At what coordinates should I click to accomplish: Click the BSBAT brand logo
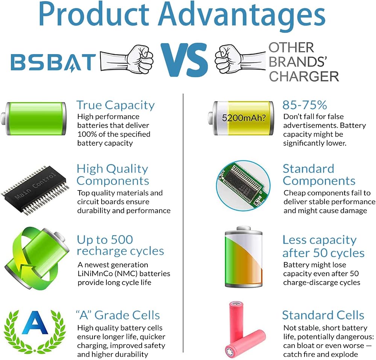pos(53,62)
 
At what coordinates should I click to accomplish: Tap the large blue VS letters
pos(184,59)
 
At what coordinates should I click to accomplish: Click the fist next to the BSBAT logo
pos(140,59)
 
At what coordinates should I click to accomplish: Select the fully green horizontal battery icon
pos(33,119)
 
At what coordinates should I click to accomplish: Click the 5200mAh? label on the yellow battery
pos(244,118)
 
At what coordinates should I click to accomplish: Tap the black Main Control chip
pos(35,189)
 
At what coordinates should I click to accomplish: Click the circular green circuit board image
pos(243,186)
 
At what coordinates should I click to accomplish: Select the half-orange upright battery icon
pos(244,257)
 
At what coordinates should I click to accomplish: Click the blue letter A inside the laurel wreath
pos(35,323)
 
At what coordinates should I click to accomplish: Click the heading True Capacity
pos(115,105)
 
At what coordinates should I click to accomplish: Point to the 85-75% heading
pos(305,105)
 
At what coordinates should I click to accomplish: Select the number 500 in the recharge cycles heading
pos(122,240)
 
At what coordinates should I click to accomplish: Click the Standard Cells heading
pos(323,315)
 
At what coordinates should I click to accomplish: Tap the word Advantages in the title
pos(242,15)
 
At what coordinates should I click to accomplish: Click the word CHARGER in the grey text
pos(304,77)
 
